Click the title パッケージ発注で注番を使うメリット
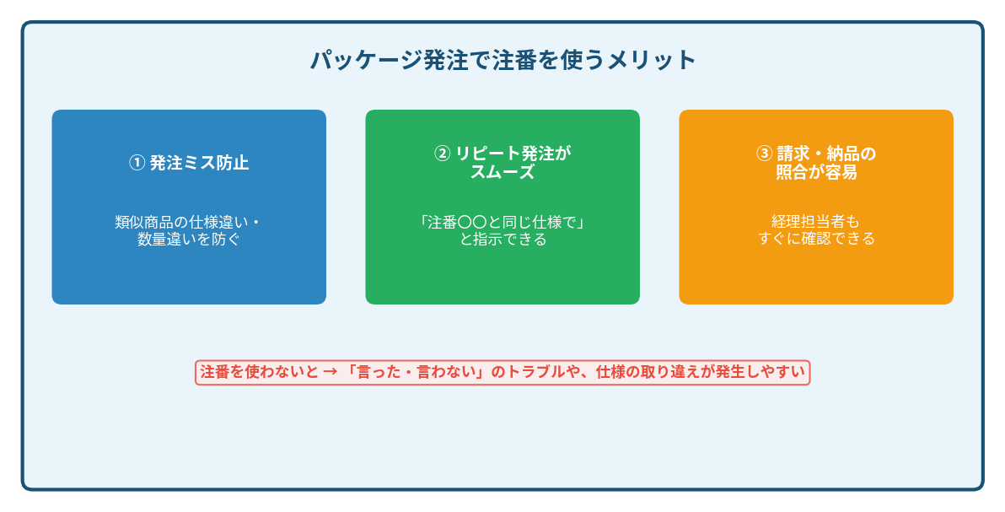503,60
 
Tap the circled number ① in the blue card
137,163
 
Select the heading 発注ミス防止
199,163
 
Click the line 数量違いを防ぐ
189,240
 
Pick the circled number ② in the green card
443,154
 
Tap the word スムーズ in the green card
502,172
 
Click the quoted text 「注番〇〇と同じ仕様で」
502,222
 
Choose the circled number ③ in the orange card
764,154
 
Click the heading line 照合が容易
816,172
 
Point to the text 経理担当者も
815,221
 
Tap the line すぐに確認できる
816,239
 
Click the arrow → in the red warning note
331,372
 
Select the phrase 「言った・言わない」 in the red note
416,372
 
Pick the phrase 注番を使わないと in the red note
259,372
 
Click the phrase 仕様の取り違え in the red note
648,372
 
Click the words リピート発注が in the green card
513,154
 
